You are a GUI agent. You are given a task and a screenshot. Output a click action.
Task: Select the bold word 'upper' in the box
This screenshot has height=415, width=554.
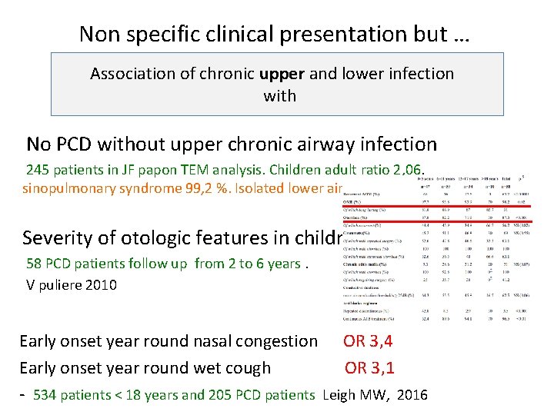click(282, 74)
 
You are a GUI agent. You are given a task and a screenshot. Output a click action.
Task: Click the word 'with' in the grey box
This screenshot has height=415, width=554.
click(279, 95)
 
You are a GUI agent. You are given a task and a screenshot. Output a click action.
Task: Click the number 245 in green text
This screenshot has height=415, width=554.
click(38, 169)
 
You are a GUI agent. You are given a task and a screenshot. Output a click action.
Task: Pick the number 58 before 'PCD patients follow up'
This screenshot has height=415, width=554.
click(35, 264)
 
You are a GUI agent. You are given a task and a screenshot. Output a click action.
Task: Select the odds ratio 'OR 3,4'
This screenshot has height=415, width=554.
click(368, 340)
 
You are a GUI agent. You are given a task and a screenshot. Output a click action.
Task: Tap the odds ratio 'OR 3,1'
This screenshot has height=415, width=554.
click(369, 367)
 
